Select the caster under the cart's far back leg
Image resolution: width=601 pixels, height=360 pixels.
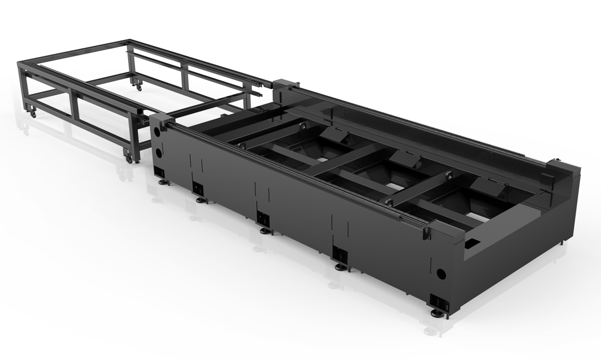138,87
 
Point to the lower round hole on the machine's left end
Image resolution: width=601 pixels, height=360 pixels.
158,153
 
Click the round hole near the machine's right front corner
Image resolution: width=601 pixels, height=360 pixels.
440,273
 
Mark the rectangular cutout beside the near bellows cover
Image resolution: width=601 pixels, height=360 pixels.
472,242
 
